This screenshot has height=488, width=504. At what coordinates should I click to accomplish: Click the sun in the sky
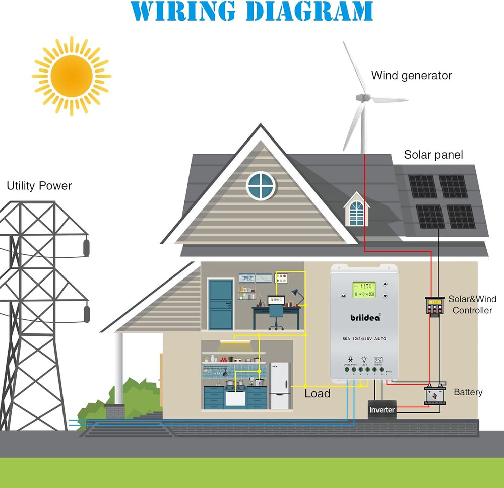72,76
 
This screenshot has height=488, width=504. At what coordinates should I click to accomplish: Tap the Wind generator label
411,76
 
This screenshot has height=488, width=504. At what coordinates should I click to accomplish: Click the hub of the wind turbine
361,97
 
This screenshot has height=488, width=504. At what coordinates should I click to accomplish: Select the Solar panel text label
433,155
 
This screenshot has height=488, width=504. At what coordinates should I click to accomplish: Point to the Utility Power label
39,186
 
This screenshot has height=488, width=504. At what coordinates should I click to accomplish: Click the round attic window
261,185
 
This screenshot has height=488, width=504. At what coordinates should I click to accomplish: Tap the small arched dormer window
356,212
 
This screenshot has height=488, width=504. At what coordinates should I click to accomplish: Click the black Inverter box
382,410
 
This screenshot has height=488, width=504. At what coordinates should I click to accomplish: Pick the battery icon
434,394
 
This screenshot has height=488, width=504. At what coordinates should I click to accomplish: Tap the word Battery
468,392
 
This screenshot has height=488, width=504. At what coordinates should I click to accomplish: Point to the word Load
317,393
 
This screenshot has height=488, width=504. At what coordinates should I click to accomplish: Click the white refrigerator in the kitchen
280,385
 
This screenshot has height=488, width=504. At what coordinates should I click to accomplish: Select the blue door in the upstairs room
221,304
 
